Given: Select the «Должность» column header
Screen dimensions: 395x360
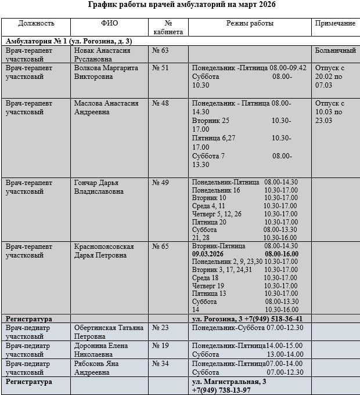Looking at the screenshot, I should coord(36,24).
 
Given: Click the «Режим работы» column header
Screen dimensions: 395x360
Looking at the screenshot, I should coord(250,24).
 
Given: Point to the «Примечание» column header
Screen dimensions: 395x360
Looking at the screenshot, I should coord(335,24).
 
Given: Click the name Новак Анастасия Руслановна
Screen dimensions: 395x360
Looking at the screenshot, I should coord(102,55).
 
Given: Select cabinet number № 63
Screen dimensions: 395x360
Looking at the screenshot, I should coord(160,51).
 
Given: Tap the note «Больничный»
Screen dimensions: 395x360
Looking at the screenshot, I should coord(335,51).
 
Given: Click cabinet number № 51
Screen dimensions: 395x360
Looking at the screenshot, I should coord(160,68).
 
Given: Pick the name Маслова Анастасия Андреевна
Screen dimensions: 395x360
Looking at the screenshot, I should coord(106,107).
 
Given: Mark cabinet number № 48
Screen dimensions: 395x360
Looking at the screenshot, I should coord(160,104).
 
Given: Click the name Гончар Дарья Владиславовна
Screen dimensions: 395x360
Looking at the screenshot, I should coord(99,186).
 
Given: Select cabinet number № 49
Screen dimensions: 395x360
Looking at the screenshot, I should coord(160,183).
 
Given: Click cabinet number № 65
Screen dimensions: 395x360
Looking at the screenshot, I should coord(160,247).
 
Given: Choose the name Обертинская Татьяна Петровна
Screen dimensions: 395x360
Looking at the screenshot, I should coord(109,332).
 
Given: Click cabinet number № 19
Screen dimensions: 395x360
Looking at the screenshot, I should coord(160,346).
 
